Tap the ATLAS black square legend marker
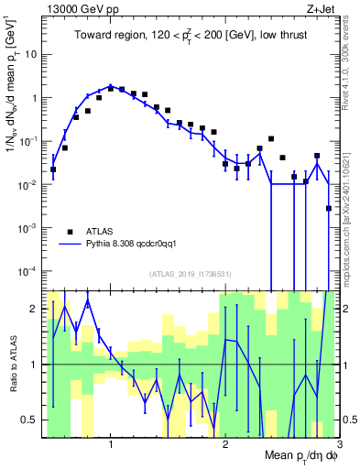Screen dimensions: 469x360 [70, 231]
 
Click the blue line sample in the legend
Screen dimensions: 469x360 [70, 245]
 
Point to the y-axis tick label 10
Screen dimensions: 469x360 [31, 53]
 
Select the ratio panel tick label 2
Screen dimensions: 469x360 [33, 308]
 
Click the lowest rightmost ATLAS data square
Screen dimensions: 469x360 [329, 209]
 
